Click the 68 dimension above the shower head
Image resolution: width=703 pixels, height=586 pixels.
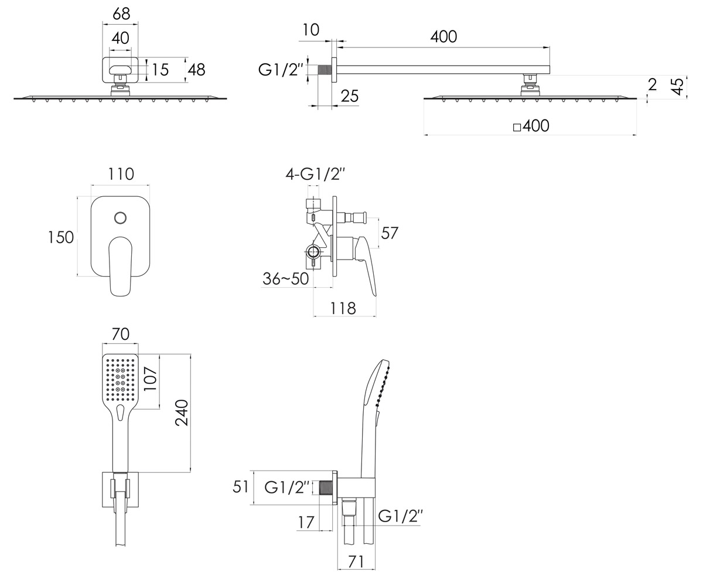(x=121, y=14)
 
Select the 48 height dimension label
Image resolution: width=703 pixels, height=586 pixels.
(x=197, y=70)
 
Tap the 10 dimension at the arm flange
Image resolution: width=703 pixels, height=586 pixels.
(x=310, y=30)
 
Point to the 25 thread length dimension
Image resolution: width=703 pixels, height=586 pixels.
(x=350, y=96)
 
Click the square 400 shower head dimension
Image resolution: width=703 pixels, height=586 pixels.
(x=531, y=126)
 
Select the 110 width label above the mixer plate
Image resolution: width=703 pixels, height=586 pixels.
(x=121, y=174)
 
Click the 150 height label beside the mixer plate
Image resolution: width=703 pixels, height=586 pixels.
(x=60, y=237)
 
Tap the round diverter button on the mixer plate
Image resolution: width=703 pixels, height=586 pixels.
(x=120, y=218)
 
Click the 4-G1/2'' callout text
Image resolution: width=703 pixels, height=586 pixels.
(x=316, y=175)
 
